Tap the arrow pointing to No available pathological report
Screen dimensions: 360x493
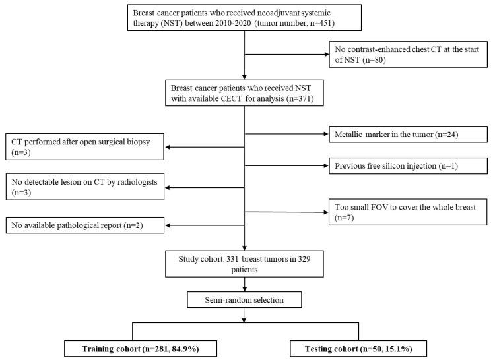[205, 226]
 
